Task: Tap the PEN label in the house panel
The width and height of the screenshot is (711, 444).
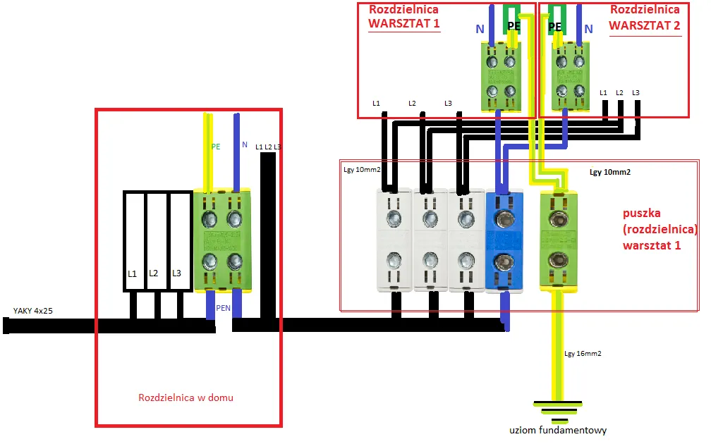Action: click(x=224, y=308)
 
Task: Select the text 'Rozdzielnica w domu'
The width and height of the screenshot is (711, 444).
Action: click(x=186, y=397)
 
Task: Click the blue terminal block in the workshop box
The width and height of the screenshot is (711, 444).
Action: click(x=503, y=240)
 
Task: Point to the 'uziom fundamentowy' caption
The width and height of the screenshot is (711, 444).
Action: click(x=558, y=430)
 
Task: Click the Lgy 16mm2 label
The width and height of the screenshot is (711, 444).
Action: click(x=583, y=354)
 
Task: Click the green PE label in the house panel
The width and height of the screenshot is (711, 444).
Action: click(x=216, y=147)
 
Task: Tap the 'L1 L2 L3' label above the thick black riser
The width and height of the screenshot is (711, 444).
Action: click(x=268, y=146)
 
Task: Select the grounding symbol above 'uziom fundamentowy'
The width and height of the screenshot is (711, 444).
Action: click(x=557, y=407)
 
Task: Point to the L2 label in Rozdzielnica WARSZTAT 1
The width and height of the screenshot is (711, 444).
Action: click(x=412, y=104)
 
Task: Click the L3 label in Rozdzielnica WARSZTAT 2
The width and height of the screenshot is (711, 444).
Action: click(x=636, y=93)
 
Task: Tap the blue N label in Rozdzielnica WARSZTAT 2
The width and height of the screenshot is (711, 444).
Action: click(x=588, y=29)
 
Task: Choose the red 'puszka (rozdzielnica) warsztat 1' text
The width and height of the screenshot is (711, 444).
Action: click(x=660, y=230)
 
